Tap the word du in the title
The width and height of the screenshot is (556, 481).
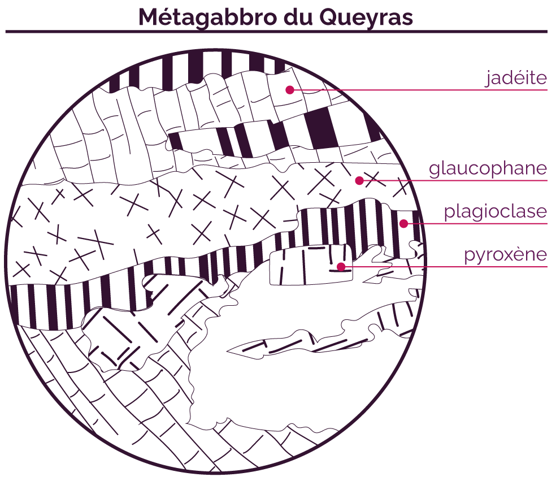tap(298, 16)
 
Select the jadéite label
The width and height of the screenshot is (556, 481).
tap(516, 77)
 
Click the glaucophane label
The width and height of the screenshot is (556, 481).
tap(488, 168)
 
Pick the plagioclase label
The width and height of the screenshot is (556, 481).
tap(496, 211)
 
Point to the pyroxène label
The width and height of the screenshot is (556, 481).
tap(506, 254)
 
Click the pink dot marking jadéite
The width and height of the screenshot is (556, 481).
tap(290, 90)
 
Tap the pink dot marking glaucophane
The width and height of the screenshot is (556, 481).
tap(359, 180)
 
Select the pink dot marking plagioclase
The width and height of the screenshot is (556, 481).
tap(403, 223)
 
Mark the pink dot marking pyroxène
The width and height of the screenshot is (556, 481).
tap(341, 267)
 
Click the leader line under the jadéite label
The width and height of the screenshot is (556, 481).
tap(419, 90)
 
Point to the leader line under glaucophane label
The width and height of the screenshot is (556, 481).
tap(453, 180)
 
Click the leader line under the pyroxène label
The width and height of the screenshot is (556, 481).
tap(444, 267)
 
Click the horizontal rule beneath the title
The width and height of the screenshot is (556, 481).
tap(276, 32)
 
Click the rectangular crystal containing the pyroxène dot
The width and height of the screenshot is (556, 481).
tap(311, 265)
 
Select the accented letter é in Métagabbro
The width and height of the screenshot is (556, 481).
tap(167, 17)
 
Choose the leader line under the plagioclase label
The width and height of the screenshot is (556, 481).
tap(476, 223)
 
